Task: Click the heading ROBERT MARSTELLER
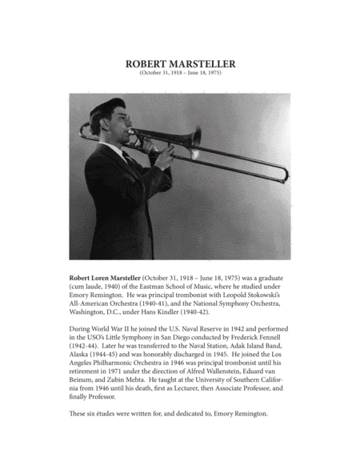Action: (180, 65)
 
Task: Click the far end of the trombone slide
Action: (283, 171)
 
